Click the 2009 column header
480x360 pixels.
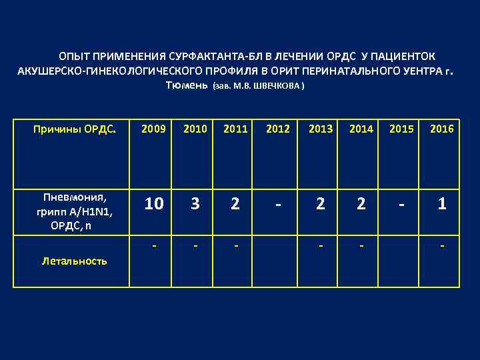(x=154, y=129)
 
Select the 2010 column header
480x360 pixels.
(x=195, y=129)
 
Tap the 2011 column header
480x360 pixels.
(x=235, y=129)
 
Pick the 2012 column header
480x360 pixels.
(x=279, y=129)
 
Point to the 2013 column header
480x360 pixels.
(x=321, y=129)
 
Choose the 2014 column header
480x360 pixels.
(x=361, y=129)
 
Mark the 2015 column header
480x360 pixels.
(x=401, y=129)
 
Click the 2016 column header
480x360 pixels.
(x=442, y=129)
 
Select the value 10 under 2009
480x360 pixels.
(x=154, y=204)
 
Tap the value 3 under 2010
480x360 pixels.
(x=195, y=204)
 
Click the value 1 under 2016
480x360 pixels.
(x=442, y=204)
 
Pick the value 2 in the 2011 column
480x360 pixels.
(x=235, y=204)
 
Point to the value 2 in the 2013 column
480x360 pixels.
(x=321, y=204)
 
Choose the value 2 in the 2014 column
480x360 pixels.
(x=361, y=204)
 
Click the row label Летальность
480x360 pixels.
(x=74, y=261)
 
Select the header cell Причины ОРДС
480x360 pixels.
(x=75, y=129)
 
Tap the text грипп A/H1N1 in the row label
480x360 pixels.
(x=74, y=211)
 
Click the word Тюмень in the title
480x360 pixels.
(x=186, y=86)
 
